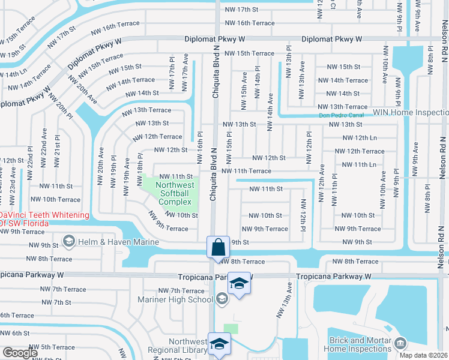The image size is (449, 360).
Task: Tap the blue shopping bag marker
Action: (217, 247)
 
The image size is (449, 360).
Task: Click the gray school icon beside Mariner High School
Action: (221, 298)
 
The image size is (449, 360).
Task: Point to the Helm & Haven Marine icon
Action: (69, 242)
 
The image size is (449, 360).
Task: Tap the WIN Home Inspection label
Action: (411, 112)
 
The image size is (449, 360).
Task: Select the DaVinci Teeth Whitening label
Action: (44, 219)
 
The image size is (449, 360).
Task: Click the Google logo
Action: (20, 353)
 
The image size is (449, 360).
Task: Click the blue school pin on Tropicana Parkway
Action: (239, 284)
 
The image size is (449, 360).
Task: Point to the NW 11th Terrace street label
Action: (246, 171)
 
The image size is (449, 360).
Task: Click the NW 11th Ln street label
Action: (358, 164)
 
